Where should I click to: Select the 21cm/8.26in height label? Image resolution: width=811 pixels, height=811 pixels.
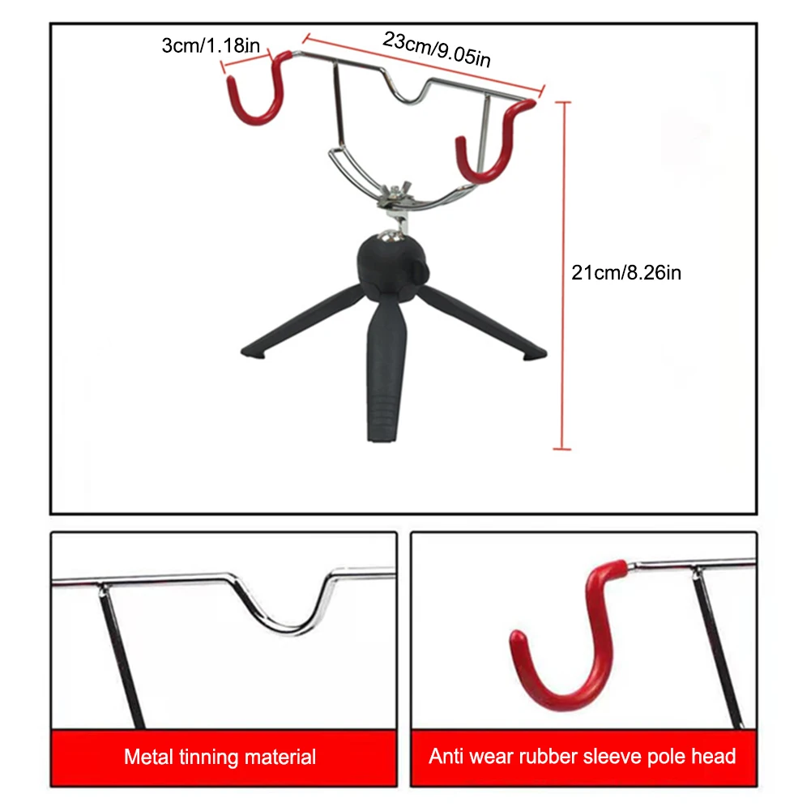[x=626, y=273]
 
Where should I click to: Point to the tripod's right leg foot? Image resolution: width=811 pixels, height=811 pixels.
[x=535, y=353]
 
